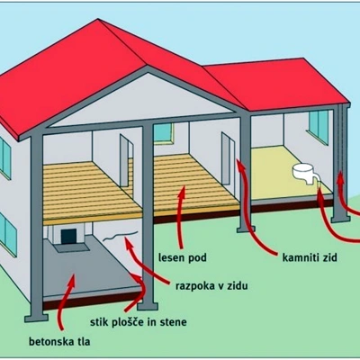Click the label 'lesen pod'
tap(183, 257)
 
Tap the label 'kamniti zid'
tap(310, 257)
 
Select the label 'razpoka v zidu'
tap(211, 286)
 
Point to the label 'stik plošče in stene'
tap(139, 322)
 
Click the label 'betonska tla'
tap(59, 342)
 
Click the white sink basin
tap(303, 172)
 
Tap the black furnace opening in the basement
tap(68, 237)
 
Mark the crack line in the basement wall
tap(121, 236)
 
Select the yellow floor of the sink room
tap(288, 174)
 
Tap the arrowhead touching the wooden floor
tap(183, 191)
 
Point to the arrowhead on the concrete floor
tap(71, 280)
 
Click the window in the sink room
tap(319, 126)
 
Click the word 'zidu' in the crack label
tap(237, 286)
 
